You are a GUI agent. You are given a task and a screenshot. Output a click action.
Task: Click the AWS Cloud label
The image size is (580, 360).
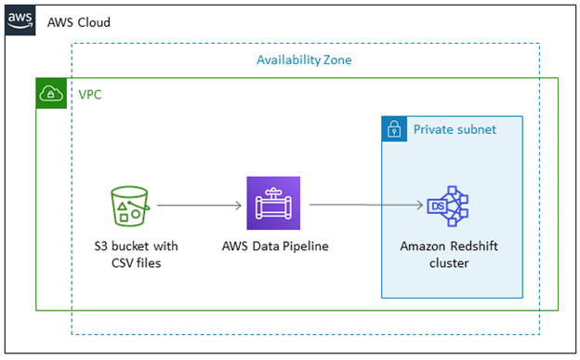[78, 21]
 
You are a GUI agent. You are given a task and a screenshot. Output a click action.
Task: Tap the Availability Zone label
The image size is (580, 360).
[304, 60]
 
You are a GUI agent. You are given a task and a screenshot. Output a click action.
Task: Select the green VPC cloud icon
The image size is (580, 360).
[50, 94]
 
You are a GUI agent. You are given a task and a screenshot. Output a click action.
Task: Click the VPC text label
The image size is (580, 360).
[90, 94]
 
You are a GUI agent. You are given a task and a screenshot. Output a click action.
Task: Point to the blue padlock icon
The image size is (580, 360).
[395, 129]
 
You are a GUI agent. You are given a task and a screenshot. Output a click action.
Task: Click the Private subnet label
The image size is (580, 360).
[455, 129]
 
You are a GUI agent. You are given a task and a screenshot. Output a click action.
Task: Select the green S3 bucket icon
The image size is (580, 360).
[129, 206]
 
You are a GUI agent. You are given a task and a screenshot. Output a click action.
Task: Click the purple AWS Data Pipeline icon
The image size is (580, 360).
[273, 203]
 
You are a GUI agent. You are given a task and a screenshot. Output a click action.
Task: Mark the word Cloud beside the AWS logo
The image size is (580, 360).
[92, 21]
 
